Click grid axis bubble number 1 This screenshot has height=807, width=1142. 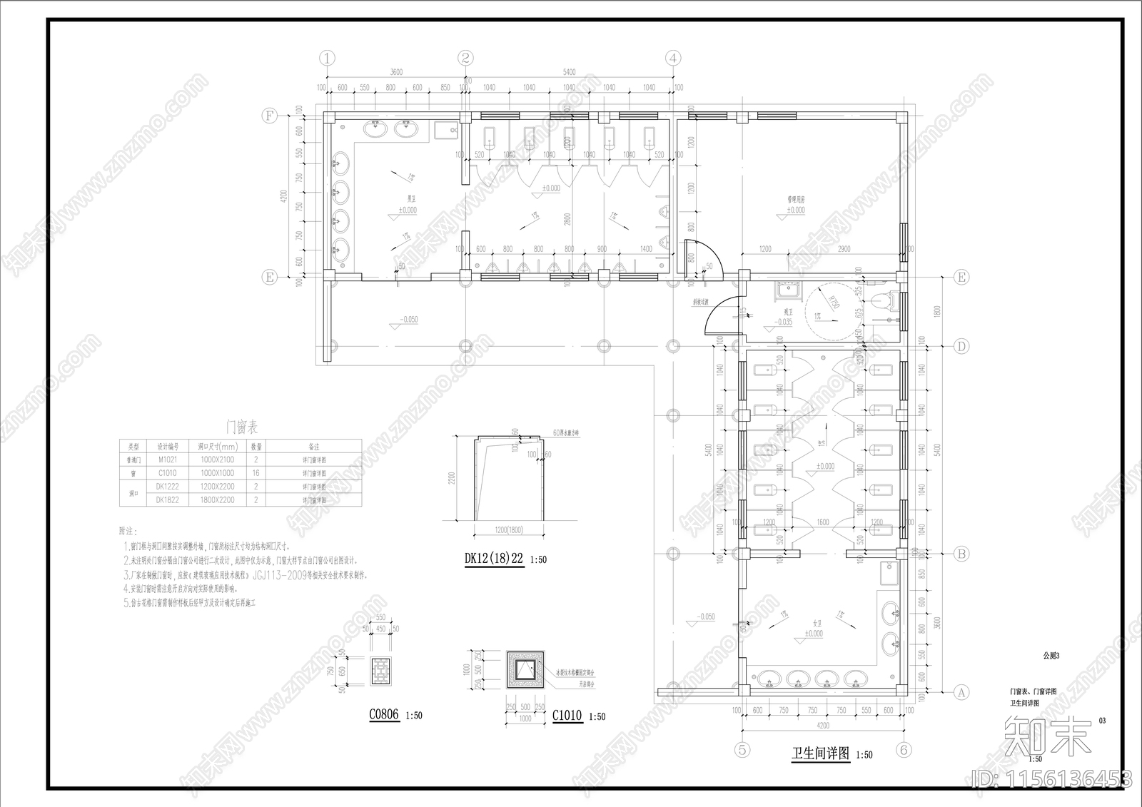pyautogui.click(x=327, y=58)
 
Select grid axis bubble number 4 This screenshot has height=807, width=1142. pyautogui.click(x=673, y=58)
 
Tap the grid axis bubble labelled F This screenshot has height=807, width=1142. pyautogui.click(x=269, y=116)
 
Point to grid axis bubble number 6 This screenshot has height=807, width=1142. pyautogui.click(x=904, y=750)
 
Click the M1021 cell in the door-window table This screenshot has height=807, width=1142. pyautogui.click(x=167, y=460)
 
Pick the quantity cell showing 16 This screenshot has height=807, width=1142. pyautogui.click(x=256, y=473)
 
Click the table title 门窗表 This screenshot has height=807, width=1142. pyautogui.click(x=242, y=427)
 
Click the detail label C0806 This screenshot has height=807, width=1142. pyautogui.click(x=383, y=715)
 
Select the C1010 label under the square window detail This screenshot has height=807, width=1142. pyautogui.click(x=567, y=716)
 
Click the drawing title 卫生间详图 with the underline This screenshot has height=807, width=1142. pyautogui.click(x=821, y=753)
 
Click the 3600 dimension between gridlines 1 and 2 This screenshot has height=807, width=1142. pyautogui.click(x=396, y=72)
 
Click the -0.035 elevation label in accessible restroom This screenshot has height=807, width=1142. pyautogui.click(x=784, y=322)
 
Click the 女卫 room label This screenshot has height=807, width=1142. pyautogui.click(x=813, y=624)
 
